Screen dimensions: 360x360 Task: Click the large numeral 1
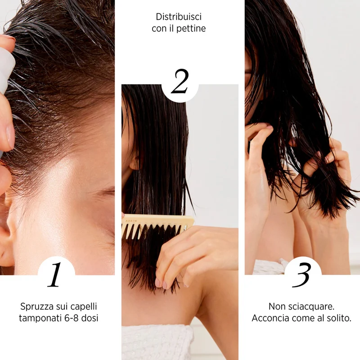(55, 274)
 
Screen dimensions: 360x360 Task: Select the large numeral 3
(301, 275)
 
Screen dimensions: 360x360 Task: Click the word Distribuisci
(179, 17)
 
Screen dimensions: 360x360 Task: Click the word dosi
(90, 318)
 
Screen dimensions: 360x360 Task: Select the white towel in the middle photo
(157, 342)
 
